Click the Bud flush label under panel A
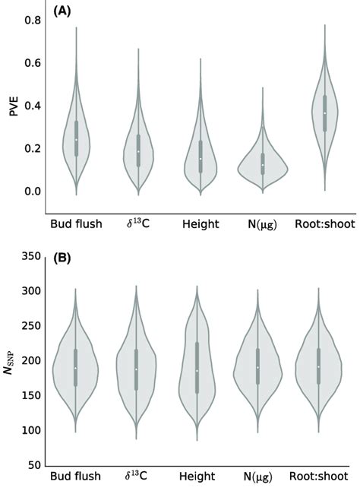point(76,225)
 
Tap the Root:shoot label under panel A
point(324,225)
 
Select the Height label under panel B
point(200,478)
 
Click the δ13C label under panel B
point(138,478)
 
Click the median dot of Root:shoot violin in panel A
point(324,113)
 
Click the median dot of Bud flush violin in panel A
point(76,139)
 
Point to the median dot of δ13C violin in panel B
point(137,369)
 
